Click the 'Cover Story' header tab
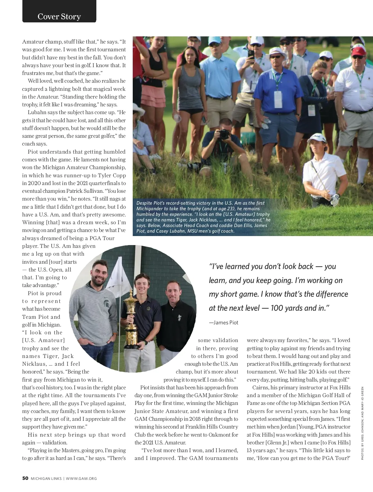click(59, 16)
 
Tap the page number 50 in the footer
click(25, 478)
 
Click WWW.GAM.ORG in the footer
click(81, 479)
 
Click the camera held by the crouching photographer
click(224, 134)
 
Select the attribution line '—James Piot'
click(223, 323)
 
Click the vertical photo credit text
click(362, 423)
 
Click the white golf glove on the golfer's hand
click(334, 199)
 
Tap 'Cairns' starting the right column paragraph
click(260, 388)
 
